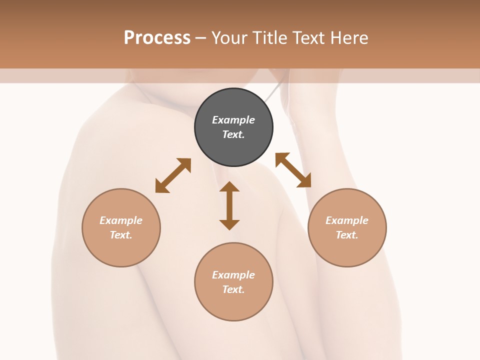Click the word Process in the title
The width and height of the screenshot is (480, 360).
pyautogui.click(x=157, y=38)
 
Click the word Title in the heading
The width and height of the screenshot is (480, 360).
pyautogui.click(x=269, y=38)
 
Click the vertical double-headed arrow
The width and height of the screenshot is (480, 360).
pyautogui.click(x=229, y=205)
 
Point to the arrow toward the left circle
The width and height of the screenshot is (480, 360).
pyautogui.click(x=173, y=175)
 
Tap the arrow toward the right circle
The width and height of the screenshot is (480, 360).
pyautogui.click(x=293, y=170)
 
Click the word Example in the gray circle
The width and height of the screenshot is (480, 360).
pyautogui.click(x=233, y=120)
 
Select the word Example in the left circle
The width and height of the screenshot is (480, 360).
pyautogui.click(x=121, y=220)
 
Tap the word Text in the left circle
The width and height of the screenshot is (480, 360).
pyautogui.click(x=121, y=235)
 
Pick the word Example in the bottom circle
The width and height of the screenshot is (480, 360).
pyautogui.click(x=233, y=275)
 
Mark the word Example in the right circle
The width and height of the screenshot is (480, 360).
pyautogui.click(x=347, y=220)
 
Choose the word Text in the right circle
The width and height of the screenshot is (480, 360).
pyautogui.click(x=347, y=235)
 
